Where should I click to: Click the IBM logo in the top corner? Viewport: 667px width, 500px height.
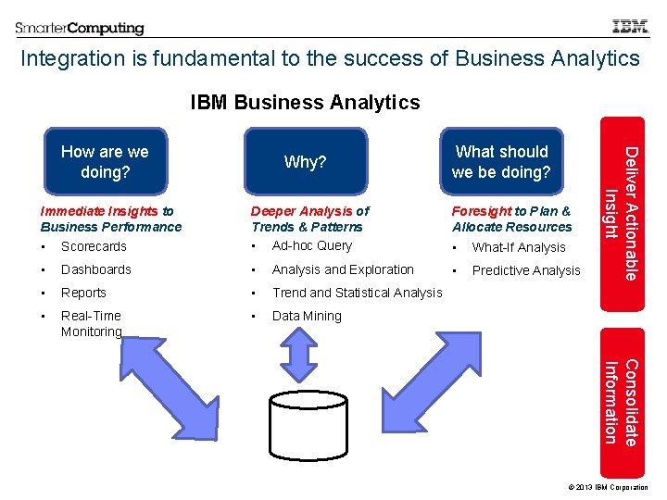point(630,27)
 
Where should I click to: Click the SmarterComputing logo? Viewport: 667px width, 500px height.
point(80,28)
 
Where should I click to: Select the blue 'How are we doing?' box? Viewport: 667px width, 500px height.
point(105,162)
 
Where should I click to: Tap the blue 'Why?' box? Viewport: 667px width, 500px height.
point(306,162)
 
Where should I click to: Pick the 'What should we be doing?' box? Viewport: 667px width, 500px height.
point(501,162)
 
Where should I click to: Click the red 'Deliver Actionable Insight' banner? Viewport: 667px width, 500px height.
point(623,200)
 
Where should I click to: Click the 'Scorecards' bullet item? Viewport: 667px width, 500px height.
point(94,247)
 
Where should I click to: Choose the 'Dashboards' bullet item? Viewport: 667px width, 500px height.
point(96,270)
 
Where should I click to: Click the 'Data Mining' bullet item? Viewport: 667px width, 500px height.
point(307,316)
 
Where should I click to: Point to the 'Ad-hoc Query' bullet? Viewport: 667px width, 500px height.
point(312,246)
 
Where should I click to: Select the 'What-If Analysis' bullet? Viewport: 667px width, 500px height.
point(519,247)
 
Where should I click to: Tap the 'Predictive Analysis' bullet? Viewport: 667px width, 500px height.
point(526,271)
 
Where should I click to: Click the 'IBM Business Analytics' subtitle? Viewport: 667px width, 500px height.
point(305,103)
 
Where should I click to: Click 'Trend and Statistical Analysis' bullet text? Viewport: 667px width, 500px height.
point(357,293)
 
